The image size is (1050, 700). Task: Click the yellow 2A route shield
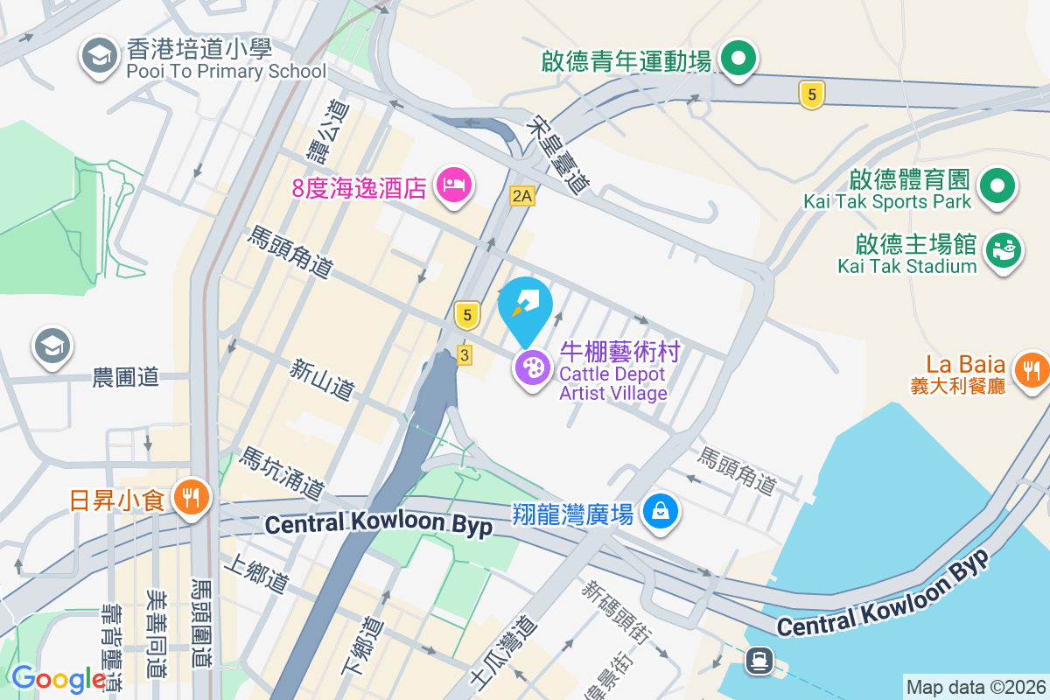point(522,196)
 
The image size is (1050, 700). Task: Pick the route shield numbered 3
point(465,354)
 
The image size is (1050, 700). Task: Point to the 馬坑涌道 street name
point(283,472)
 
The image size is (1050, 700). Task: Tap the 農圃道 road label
point(127,377)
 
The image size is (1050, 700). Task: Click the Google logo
point(59,678)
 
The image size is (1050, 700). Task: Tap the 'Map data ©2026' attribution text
point(975,688)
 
